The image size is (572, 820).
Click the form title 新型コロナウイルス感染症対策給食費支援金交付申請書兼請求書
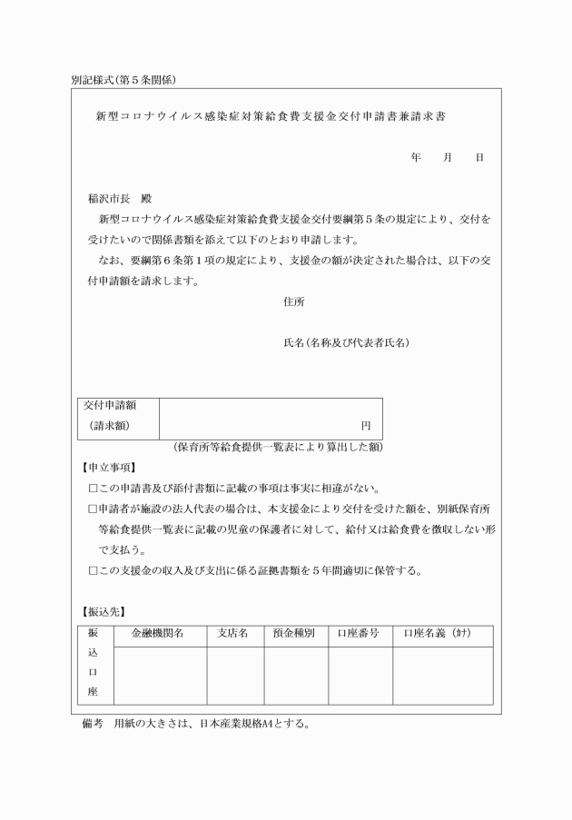[270, 116]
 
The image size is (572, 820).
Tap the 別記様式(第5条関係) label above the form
[129, 79]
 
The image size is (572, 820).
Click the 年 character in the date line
[415, 157]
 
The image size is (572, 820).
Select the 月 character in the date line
[447, 157]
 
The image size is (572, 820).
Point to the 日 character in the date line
[478, 157]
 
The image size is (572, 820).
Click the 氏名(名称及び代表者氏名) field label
[347, 342]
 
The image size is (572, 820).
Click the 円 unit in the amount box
[366, 425]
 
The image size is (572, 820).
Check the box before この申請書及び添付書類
[93, 488]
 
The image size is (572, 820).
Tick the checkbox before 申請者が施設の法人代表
[93, 509]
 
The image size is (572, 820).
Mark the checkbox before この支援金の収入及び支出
[93, 571]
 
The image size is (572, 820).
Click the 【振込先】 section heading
[104, 611]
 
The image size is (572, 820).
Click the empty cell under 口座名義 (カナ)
[442, 675]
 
